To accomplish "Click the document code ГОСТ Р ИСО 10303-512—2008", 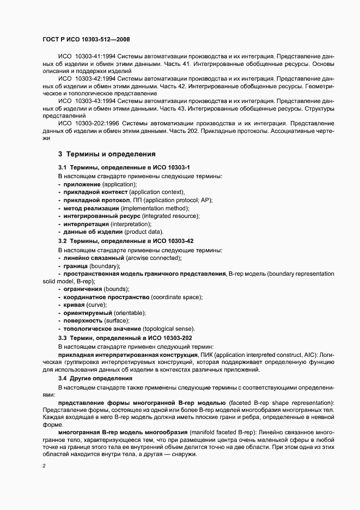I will (86, 39).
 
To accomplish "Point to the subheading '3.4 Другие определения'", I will (91, 378).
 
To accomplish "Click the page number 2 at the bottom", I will (44, 466).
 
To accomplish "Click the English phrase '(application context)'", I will (157, 192).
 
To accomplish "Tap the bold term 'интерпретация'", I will (86, 224).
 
